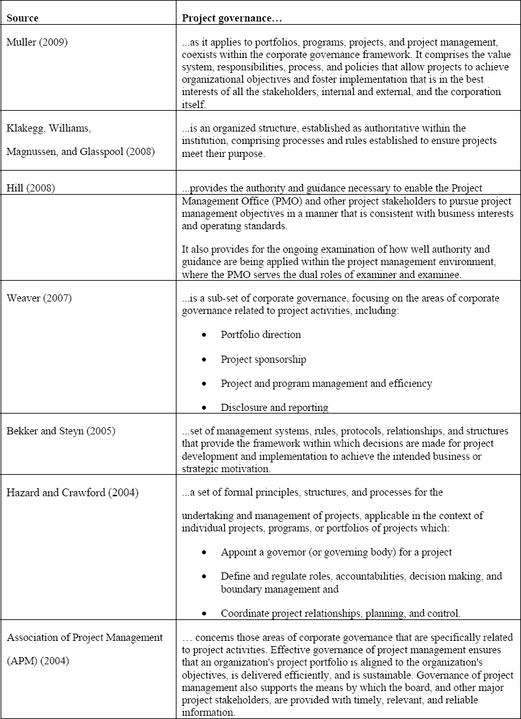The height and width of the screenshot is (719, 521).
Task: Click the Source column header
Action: [21, 18]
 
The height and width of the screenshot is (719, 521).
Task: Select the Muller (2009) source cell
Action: [37, 42]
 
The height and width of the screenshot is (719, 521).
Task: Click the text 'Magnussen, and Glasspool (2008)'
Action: [77, 152]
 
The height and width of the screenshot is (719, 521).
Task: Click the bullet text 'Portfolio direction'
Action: [260, 335]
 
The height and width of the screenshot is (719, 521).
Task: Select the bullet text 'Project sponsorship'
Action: [263, 359]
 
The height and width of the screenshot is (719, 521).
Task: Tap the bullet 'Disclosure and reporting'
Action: [274, 408]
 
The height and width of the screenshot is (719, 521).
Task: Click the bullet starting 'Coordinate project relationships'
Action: [350, 613]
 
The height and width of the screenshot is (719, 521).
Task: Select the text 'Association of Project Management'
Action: [84, 638]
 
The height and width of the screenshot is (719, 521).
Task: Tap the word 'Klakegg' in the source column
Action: [25, 128]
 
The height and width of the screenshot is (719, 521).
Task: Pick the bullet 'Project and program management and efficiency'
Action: [326, 384]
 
